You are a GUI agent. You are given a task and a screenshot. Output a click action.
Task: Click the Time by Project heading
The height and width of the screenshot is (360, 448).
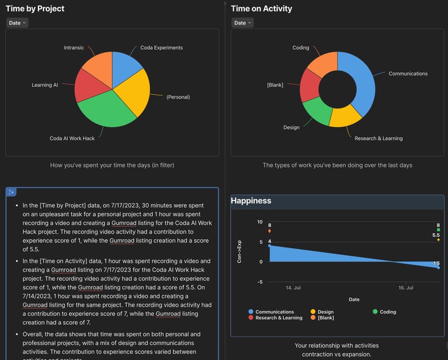click(35, 9)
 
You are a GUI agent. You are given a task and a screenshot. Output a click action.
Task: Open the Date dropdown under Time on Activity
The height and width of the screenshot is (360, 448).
click(242, 23)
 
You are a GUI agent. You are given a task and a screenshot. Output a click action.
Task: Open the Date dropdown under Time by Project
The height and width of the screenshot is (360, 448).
click(17, 23)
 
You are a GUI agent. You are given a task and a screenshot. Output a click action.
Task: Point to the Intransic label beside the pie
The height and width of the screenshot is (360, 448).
click(74, 48)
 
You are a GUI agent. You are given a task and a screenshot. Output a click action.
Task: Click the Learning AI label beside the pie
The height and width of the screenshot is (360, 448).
click(45, 85)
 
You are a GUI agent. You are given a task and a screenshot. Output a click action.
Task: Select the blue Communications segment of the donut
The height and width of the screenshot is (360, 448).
click(363, 82)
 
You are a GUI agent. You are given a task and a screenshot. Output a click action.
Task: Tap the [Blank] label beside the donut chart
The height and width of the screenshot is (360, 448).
click(275, 85)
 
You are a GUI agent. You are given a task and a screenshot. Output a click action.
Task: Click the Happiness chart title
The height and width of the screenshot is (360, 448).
click(251, 201)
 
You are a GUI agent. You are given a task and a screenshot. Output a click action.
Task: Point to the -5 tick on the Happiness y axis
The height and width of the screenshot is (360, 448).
click(260, 282)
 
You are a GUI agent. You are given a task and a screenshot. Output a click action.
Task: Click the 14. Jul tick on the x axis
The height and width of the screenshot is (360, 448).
click(293, 288)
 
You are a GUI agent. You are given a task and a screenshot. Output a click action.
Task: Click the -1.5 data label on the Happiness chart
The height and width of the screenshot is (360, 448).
click(435, 263)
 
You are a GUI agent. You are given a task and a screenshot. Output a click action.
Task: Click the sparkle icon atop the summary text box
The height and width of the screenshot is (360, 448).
click(12, 192)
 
